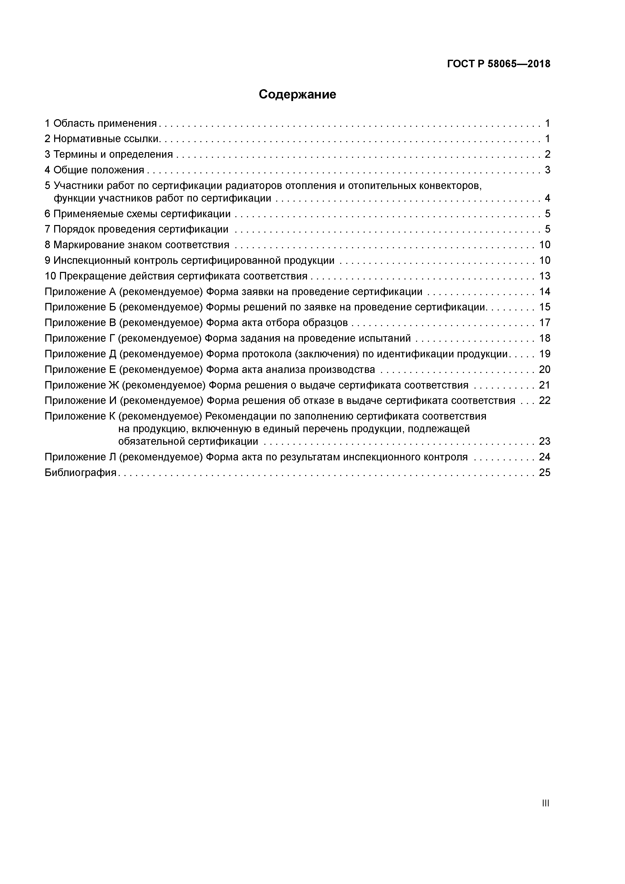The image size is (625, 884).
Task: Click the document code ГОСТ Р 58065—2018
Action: coord(498,64)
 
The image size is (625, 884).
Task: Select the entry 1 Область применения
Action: coord(101,123)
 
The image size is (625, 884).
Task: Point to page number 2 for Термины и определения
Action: coord(547,154)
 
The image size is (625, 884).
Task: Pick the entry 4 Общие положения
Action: coord(94,170)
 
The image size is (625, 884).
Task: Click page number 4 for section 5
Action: coord(547,198)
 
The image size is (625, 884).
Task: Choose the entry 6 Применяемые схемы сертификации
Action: coord(138,214)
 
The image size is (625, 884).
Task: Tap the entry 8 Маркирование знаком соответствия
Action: coord(137,245)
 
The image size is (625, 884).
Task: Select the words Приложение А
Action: coord(80,292)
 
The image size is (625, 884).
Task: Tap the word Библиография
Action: coord(80,472)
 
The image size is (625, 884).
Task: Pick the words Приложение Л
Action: coord(80,457)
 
